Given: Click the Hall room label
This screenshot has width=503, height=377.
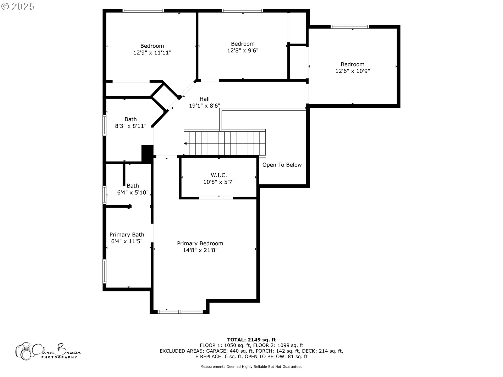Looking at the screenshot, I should (204, 99).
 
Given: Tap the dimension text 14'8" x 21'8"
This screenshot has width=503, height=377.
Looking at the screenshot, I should (200, 250).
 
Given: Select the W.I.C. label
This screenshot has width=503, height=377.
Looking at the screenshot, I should (219, 175).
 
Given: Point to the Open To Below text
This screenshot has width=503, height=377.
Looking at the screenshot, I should (282, 165).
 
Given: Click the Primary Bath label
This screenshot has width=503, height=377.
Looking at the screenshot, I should (127, 235).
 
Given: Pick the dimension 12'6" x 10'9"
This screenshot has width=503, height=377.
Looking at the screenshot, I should (353, 71).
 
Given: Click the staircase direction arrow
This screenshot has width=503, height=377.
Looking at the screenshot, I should (185, 143).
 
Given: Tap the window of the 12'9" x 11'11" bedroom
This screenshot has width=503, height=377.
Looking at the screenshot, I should (143, 11).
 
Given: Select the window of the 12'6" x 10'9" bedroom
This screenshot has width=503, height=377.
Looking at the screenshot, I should (350, 27).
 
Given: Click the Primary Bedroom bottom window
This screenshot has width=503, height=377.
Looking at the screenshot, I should (180, 312).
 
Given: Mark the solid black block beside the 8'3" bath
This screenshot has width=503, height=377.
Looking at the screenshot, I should (147, 154).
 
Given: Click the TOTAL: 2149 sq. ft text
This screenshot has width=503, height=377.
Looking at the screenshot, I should (251, 340).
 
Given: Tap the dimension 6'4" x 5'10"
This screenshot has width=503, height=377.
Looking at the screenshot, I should (133, 193).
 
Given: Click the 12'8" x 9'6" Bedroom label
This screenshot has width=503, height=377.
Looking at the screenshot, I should (243, 44).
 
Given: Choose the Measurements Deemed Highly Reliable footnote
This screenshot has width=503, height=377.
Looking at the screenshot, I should (251, 367).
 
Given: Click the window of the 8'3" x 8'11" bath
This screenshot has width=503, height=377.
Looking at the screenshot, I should (104, 125).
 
